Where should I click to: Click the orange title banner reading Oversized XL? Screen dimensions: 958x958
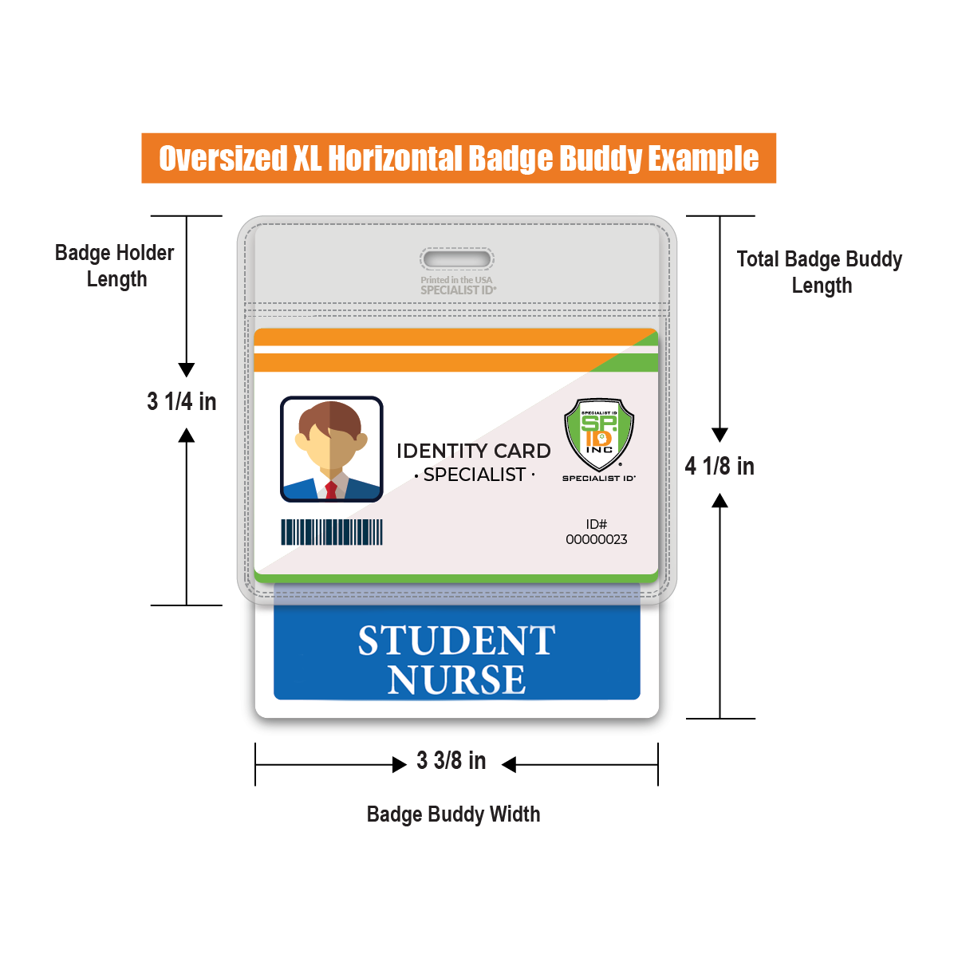point(459,158)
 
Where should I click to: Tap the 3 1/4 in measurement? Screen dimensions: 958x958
point(182,402)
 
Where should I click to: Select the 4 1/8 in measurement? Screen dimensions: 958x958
point(719,467)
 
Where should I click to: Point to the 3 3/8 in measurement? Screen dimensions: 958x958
point(451,761)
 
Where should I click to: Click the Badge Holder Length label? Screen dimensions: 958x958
point(115,266)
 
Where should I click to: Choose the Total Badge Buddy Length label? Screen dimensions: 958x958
point(819,273)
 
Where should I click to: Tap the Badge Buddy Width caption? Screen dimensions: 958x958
point(453,815)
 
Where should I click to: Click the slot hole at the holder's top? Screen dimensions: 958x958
point(457,259)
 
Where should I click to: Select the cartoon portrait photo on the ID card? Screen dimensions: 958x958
point(332,449)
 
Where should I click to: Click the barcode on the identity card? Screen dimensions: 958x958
point(332,532)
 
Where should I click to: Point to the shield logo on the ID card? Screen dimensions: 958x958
point(599,435)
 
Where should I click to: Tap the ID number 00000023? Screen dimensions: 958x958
point(597,539)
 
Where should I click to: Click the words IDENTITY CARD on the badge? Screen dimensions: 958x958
point(474,451)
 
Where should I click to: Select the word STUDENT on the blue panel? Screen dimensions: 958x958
point(456,641)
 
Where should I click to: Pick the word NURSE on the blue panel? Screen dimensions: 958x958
point(456,680)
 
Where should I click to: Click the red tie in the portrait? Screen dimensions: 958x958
point(331,491)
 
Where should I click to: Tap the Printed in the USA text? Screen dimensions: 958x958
point(456,280)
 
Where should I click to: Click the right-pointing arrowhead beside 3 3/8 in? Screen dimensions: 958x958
point(400,765)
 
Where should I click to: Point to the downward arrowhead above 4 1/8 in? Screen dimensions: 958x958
point(719,435)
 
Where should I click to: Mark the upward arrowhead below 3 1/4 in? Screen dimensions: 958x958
point(187,436)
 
